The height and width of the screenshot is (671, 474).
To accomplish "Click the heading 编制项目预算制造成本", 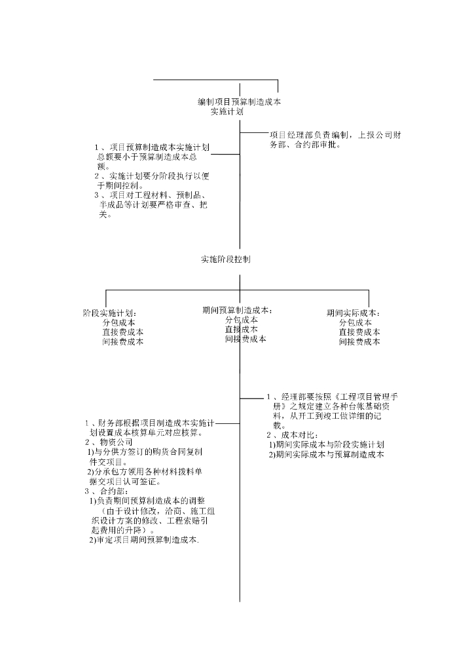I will pos(240,102).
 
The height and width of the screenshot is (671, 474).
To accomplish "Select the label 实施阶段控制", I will pos(225,259).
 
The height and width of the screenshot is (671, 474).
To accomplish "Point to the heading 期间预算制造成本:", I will pos(237,310).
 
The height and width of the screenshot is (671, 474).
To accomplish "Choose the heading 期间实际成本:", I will pos(354,313).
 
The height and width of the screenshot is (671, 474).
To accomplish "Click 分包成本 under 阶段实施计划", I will pos(119,322).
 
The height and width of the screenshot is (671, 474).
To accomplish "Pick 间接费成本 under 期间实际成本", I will pos(359,341).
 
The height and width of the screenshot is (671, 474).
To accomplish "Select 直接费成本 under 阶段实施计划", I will pos(123,332).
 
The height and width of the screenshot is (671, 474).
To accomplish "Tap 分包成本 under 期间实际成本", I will pos(355,322).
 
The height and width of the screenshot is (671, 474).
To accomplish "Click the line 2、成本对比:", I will pos(293,435).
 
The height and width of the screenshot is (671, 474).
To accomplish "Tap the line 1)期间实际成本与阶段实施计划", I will pos(326,445).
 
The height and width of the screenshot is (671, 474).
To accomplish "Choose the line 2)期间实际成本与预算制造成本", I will pos(326,454).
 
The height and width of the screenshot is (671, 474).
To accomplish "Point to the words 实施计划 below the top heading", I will pos(227,112).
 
